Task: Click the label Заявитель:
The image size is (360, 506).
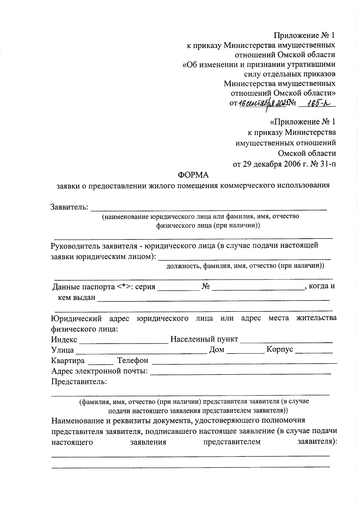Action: [69, 207]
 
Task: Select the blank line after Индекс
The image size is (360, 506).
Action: [124, 340]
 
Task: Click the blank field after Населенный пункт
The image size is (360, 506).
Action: [286, 340]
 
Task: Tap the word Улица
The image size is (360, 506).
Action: [62, 350]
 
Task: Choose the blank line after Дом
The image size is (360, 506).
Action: [245, 350]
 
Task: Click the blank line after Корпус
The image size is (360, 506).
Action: [314, 350]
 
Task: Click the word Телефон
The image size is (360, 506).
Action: [133, 360]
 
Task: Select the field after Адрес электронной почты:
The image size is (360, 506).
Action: [240, 372]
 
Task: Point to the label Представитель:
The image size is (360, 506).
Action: [79, 382]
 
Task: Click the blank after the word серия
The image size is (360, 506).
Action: [179, 287]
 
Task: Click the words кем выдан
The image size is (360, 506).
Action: [76, 297]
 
